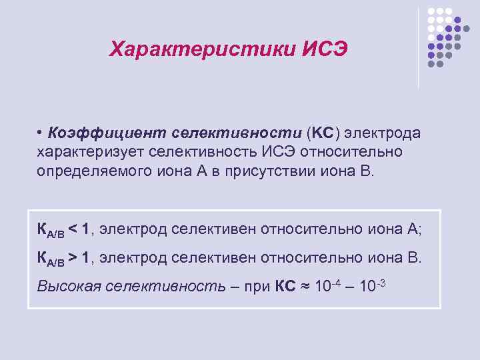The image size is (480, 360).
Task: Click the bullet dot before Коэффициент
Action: tap(41, 132)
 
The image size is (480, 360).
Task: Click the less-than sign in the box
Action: tap(73, 229)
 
